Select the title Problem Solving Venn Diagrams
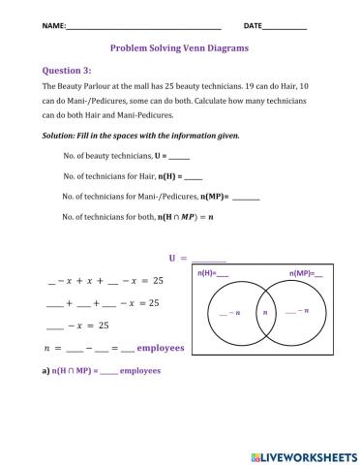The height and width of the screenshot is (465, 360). pyautogui.click(x=179, y=46)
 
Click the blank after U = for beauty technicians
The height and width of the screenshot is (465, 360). pyautogui.click(x=179, y=156)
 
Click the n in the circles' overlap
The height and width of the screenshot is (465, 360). pyautogui.click(x=260, y=312)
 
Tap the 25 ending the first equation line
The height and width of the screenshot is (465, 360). pyautogui.click(x=158, y=281)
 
